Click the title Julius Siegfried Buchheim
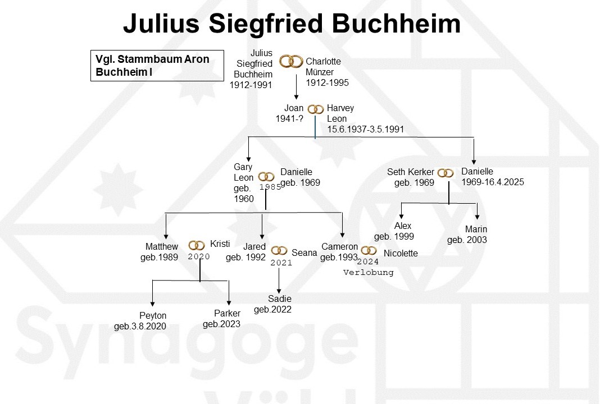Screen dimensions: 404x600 click(x=292, y=24)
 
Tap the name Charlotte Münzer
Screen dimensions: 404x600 click(x=323, y=67)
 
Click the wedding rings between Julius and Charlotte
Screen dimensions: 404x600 click(x=292, y=61)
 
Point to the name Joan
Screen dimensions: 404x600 click(x=294, y=108)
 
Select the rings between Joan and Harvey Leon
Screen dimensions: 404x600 click(x=316, y=109)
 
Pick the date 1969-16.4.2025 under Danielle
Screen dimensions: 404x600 click(x=493, y=182)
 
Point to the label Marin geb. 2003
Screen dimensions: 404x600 click(x=467, y=235)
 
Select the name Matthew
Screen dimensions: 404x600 click(x=162, y=247)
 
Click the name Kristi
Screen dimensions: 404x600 click(x=220, y=244)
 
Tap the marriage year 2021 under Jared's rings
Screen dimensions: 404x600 click(x=281, y=262)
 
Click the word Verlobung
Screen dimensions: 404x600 click(x=369, y=272)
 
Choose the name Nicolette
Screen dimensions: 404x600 click(x=401, y=253)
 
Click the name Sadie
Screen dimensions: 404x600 click(x=280, y=299)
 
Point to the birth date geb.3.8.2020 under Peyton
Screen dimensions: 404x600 click(x=140, y=326)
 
